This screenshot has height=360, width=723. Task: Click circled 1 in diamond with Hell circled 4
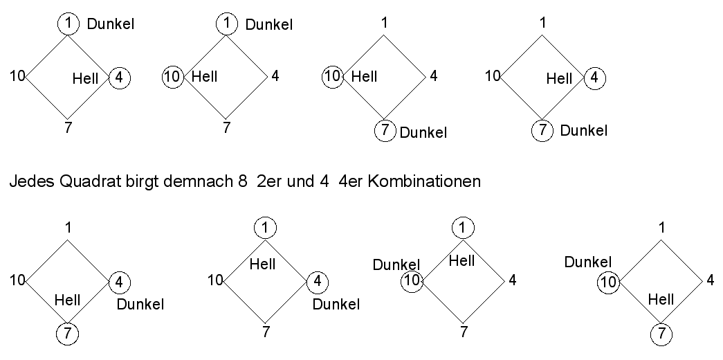(67, 24)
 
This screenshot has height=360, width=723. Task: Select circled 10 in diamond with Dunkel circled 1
(172, 76)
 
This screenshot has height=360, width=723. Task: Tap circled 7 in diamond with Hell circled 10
(385, 129)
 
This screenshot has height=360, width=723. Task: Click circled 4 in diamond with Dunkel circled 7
(594, 77)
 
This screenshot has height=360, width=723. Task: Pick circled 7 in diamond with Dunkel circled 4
(67, 334)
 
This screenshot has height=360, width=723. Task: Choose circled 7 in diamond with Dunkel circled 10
(661, 334)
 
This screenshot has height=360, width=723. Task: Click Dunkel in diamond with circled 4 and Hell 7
(140, 304)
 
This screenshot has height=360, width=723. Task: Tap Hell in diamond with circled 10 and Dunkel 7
(364, 76)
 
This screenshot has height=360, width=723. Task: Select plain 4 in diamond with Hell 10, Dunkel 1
(275, 76)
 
